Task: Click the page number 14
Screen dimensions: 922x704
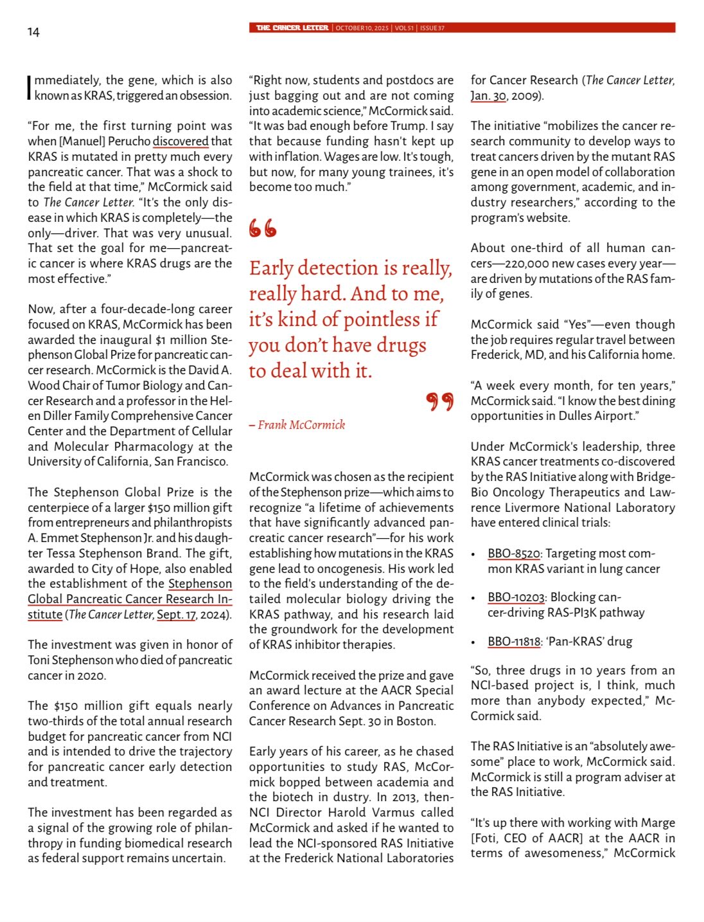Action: point(33,32)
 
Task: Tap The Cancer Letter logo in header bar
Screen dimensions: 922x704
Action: point(292,28)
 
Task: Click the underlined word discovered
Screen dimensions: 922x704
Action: point(180,141)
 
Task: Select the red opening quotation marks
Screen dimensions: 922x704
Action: point(263,228)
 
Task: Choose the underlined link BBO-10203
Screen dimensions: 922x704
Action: point(516,597)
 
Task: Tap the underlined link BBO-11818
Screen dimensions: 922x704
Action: point(514,642)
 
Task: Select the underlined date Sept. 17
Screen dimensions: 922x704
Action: point(177,614)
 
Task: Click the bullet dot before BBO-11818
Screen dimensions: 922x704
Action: point(473,642)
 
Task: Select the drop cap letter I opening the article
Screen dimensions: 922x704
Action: point(30,87)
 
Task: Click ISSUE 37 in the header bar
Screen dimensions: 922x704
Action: point(432,28)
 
